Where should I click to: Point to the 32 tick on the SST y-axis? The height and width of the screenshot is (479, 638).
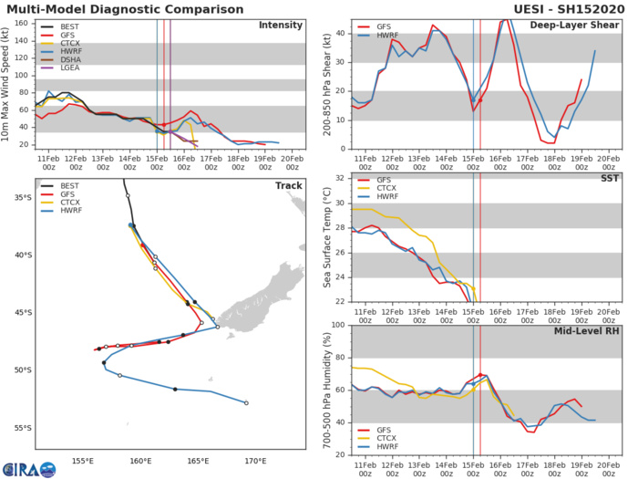click(340, 177)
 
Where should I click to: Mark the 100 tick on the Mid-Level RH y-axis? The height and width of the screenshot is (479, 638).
click(337, 325)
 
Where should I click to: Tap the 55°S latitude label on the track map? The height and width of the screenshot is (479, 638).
click(21, 428)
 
